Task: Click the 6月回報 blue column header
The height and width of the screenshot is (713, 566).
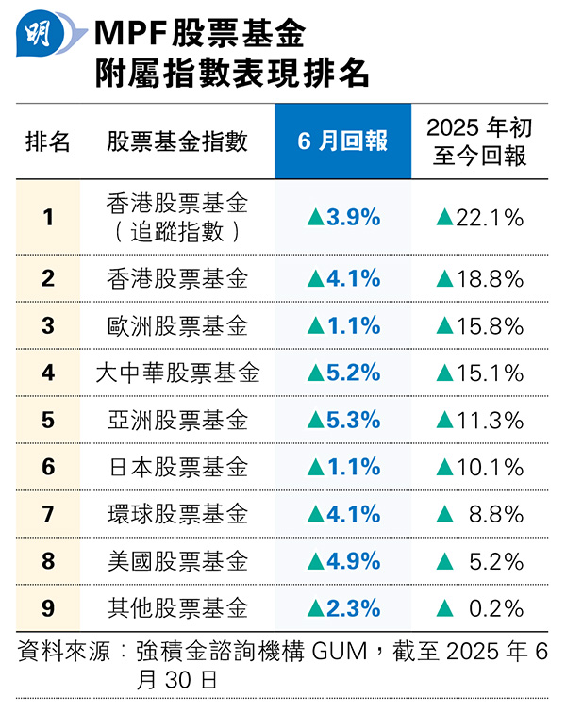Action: tap(342, 141)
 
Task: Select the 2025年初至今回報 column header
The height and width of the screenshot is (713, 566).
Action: tap(476, 141)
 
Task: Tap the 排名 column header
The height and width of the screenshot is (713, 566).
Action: tap(48, 141)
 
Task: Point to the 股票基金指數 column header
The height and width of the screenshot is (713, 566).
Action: tap(177, 141)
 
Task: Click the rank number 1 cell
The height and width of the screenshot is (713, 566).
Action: tap(48, 217)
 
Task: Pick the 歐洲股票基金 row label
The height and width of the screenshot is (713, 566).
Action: tap(177, 325)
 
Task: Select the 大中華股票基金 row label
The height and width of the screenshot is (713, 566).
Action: tap(177, 373)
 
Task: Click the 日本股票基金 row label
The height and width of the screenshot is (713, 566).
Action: tap(177, 467)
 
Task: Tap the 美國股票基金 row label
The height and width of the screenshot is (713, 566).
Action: tap(177, 561)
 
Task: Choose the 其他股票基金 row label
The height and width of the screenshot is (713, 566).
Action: tap(177, 607)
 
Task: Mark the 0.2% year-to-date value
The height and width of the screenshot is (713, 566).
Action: tap(496, 607)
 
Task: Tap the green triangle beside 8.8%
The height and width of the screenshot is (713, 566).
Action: tap(444, 515)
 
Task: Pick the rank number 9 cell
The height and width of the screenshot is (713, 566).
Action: tap(48, 607)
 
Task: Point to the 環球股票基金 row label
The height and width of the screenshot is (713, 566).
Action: tap(177, 514)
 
